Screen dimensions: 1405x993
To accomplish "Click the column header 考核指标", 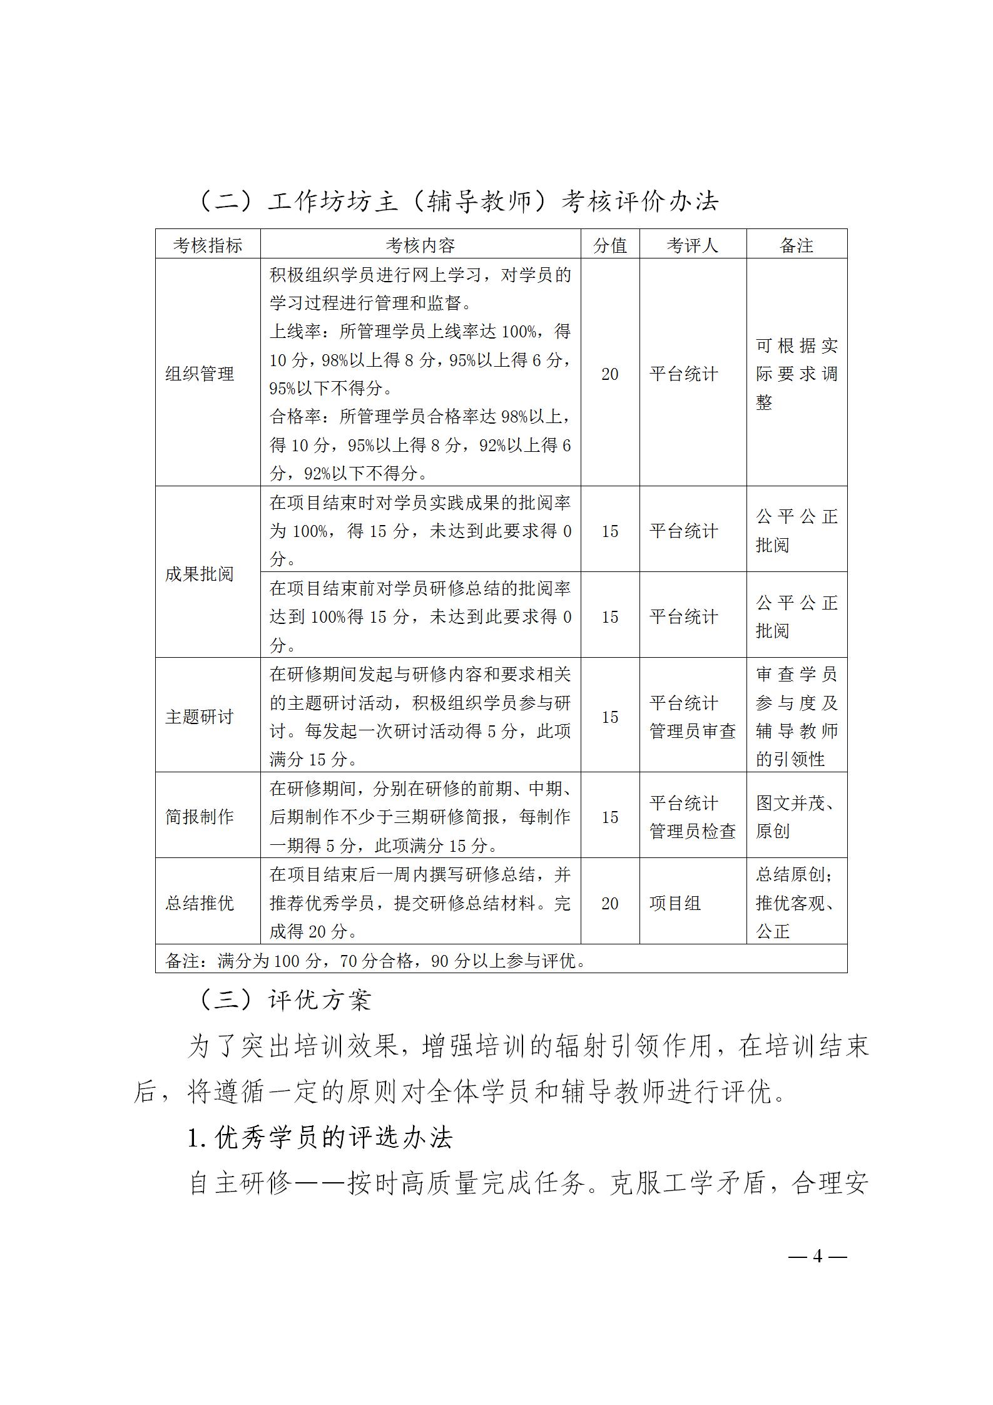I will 207,245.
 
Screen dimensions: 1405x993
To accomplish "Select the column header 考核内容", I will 420,245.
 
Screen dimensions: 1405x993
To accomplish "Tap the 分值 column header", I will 610,245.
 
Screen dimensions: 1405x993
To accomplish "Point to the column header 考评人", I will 693,245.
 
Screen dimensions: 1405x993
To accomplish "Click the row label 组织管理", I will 200,374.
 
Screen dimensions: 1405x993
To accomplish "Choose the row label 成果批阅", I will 200,574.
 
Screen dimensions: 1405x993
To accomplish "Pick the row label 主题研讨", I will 200,717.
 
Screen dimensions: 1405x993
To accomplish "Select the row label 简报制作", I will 200,817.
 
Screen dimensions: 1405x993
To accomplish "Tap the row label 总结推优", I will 200,903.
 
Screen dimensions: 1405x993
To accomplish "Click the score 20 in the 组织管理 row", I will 610,374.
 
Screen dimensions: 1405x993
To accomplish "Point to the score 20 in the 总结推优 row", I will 610,903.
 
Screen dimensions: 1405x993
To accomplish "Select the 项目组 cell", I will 675,903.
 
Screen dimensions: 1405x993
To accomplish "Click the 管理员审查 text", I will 693,731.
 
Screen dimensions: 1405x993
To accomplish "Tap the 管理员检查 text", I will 693,831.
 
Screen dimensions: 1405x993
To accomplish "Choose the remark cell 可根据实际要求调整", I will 797,374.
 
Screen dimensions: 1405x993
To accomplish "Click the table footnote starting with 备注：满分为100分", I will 375,961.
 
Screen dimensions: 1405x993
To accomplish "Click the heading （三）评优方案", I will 285,1000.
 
